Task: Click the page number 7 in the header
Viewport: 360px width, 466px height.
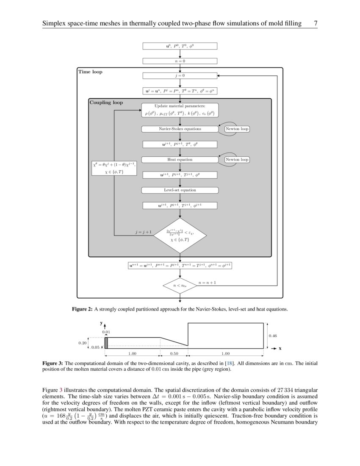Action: (315, 24)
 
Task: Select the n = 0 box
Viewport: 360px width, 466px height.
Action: (180, 61)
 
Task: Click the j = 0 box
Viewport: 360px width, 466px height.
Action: (180, 76)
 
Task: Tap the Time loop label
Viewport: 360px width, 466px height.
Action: (90, 72)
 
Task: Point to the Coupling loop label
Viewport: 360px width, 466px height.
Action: (106, 103)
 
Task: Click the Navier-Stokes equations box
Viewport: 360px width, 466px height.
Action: (180, 129)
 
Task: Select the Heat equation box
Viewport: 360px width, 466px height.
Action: (180, 160)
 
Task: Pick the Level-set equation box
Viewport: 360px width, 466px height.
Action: (180, 190)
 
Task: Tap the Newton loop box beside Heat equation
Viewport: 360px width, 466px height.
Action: (237, 160)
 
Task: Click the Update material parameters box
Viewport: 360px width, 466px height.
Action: (180, 110)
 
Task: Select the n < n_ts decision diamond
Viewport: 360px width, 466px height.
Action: (180, 286)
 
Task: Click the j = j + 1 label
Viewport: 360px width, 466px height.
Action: (143, 233)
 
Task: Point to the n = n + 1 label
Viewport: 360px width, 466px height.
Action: (207, 282)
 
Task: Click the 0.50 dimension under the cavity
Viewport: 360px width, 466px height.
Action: (174, 353)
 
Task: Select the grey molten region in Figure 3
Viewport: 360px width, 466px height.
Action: (106, 343)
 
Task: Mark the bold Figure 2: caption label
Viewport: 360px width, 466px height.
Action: (82, 309)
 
